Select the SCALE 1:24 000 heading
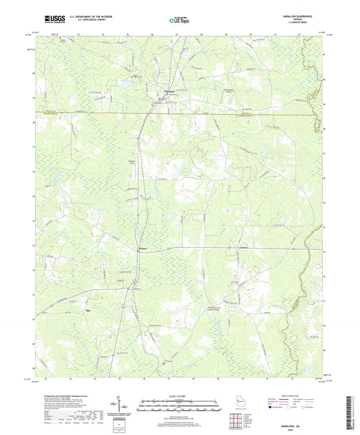point(179,395)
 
